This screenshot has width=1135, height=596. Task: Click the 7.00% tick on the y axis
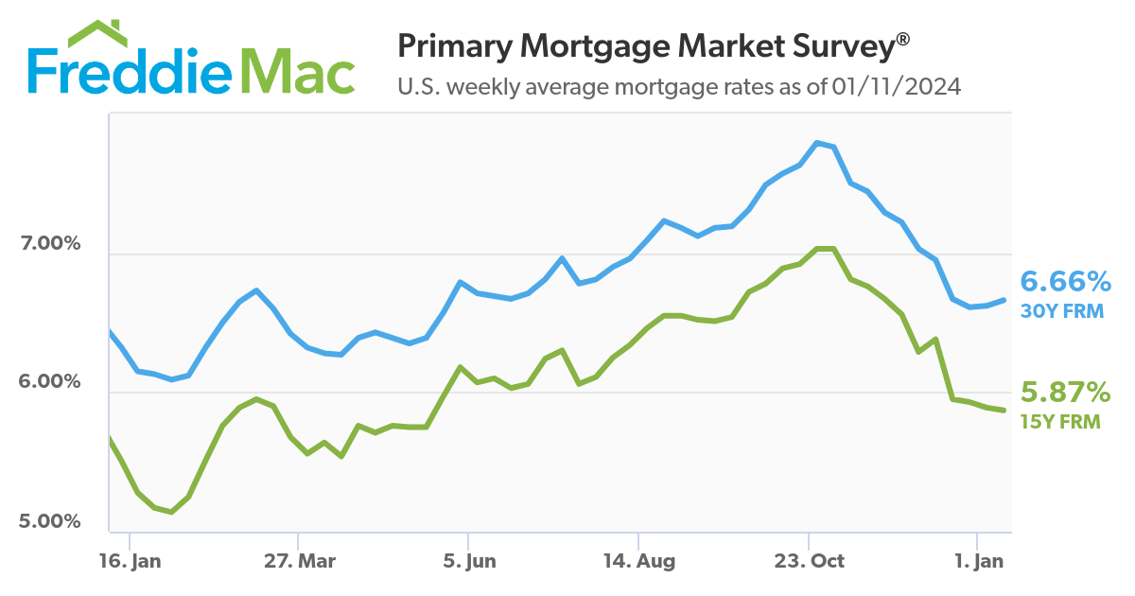(x=50, y=244)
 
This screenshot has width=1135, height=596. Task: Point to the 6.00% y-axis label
(x=50, y=382)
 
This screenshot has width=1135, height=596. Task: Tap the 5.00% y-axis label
(x=50, y=521)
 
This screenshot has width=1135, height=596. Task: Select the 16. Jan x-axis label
(x=130, y=561)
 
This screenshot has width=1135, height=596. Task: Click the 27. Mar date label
(x=300, y=561)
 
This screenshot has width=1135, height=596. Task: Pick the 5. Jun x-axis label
(x=470, y=561)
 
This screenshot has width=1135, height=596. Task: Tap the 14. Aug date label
(x=640, y=561)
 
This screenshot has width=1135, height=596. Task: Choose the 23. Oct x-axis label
(x=811, y=561)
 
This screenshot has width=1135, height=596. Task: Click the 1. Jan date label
(x=979, y=561)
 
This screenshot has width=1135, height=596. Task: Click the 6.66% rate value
(x=1065, y=281)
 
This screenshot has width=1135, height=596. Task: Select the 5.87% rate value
(x=1065, y=392)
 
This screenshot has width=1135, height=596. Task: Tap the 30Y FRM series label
(x=1062, y=309)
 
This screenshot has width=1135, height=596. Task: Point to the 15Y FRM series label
(x=1062, y=422)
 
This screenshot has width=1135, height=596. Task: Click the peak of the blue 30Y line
(x=816, y=143)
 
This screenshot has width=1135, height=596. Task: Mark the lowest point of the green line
(x=170, y=512)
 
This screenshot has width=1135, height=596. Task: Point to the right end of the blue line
(x=1004, y=300)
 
